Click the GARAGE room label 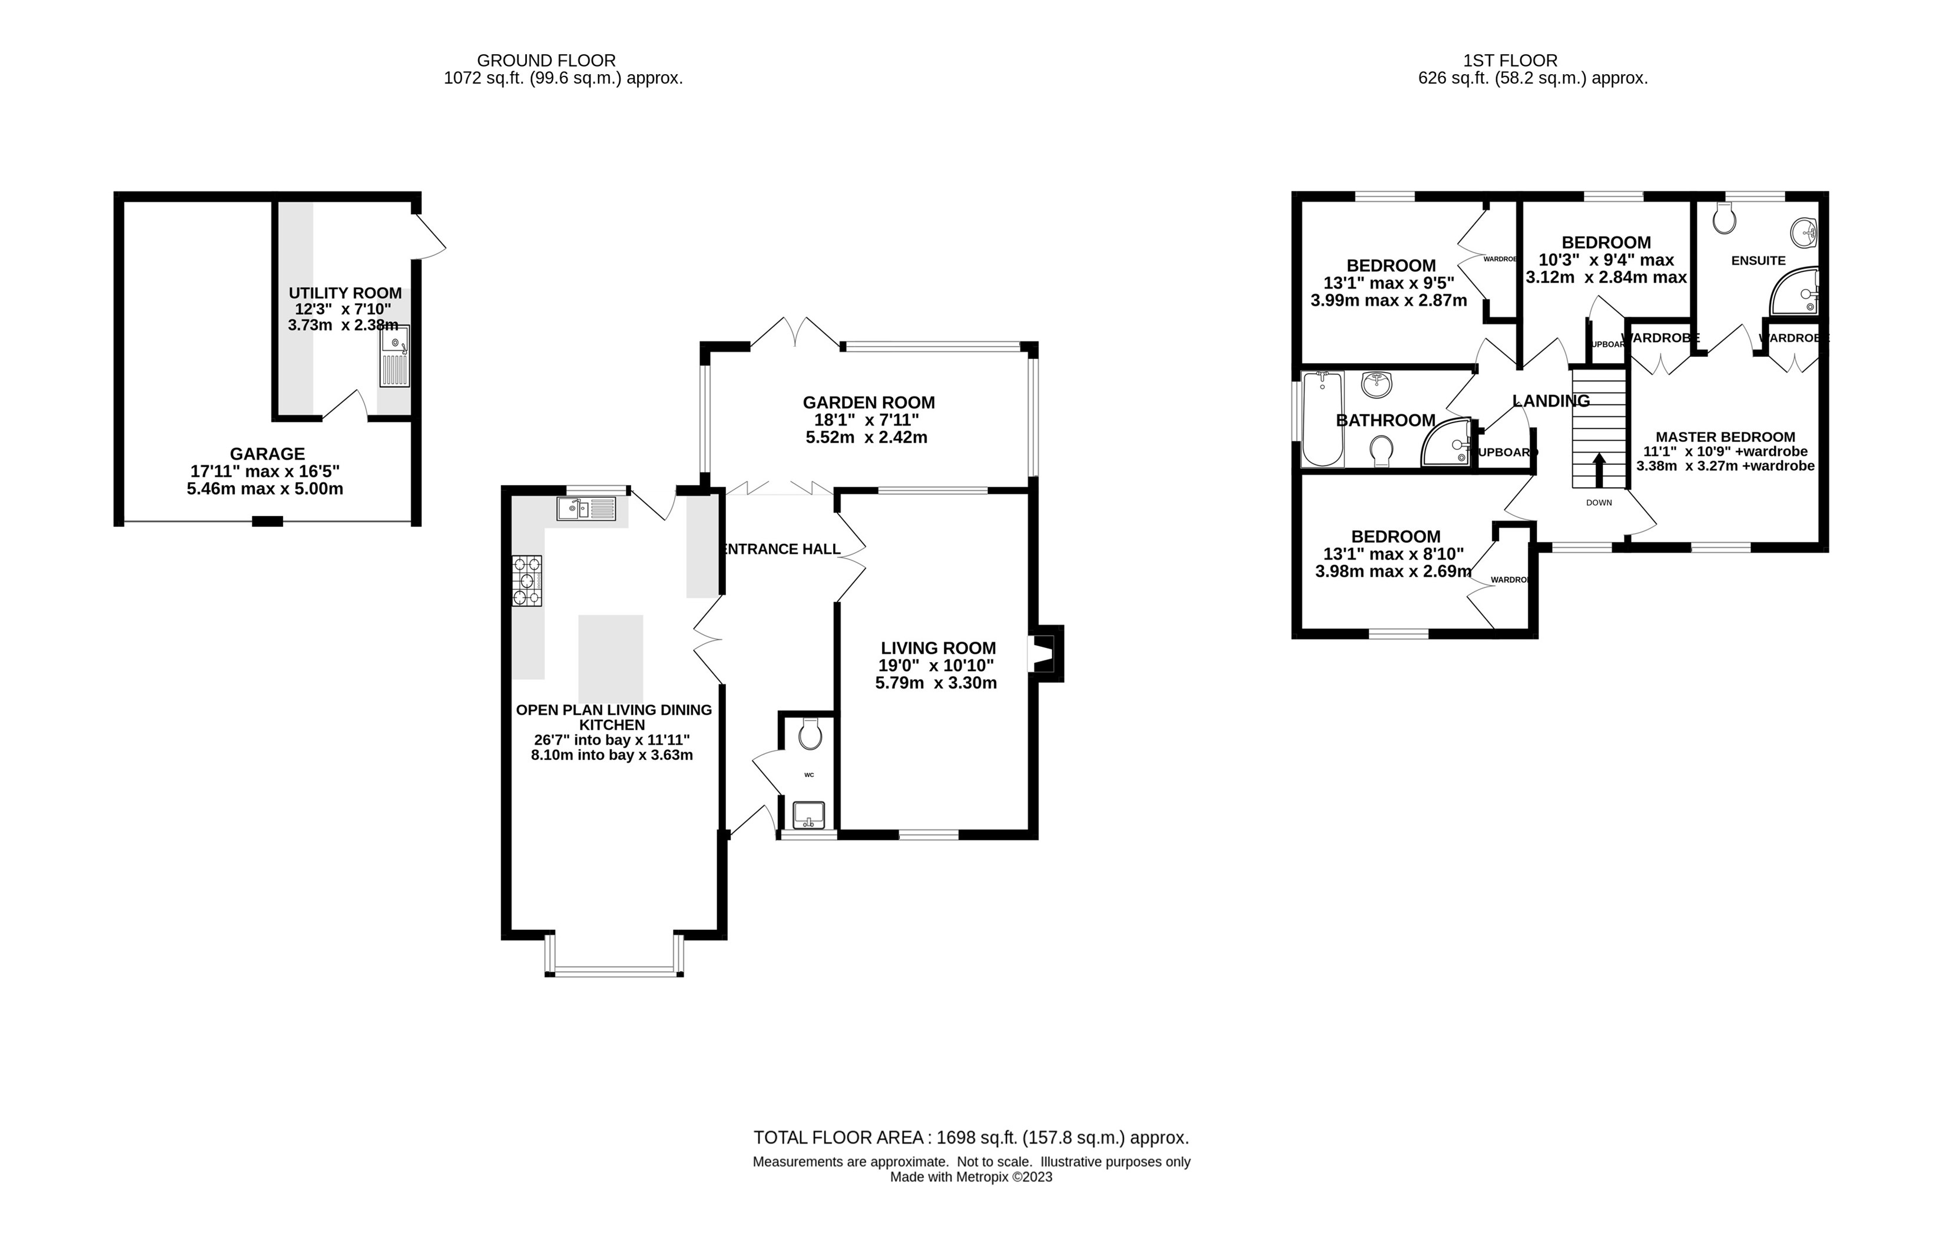(x=267, y=454)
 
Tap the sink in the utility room (x=395, y=357)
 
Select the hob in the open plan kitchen (x=527, y=580)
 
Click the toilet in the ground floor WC (x=809, y=735)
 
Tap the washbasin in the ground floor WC (x=808, y=815)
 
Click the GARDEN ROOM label (x=868, y=402)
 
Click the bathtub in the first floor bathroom (x=1322, y=419)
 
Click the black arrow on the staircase (x=1599, y=469)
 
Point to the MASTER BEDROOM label (x=1725, y=437)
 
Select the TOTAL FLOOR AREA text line (x=971, y=1138)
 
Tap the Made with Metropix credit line (x=971, y=1177)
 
